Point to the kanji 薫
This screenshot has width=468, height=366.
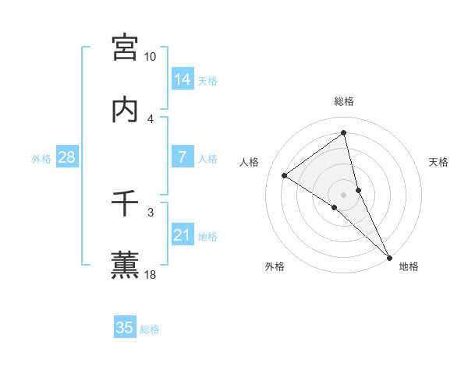125,265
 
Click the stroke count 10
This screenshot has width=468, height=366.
151,57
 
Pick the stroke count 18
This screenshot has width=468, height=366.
151,274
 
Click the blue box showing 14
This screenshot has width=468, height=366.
183,79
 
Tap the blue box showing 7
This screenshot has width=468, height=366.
183,157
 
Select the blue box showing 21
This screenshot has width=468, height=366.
183,235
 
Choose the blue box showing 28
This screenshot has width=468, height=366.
66,157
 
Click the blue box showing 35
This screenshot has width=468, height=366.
125,328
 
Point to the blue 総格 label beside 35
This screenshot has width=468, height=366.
150,329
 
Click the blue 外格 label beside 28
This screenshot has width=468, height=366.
41,159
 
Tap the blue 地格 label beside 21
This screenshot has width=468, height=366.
207,237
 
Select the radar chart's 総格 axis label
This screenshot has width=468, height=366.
344,101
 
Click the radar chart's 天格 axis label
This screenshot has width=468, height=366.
439,162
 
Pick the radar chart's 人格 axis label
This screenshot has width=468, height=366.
249,162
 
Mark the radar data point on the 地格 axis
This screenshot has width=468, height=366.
389,256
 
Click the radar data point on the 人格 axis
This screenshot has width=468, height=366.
285,175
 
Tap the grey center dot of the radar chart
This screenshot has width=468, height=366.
344,194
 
